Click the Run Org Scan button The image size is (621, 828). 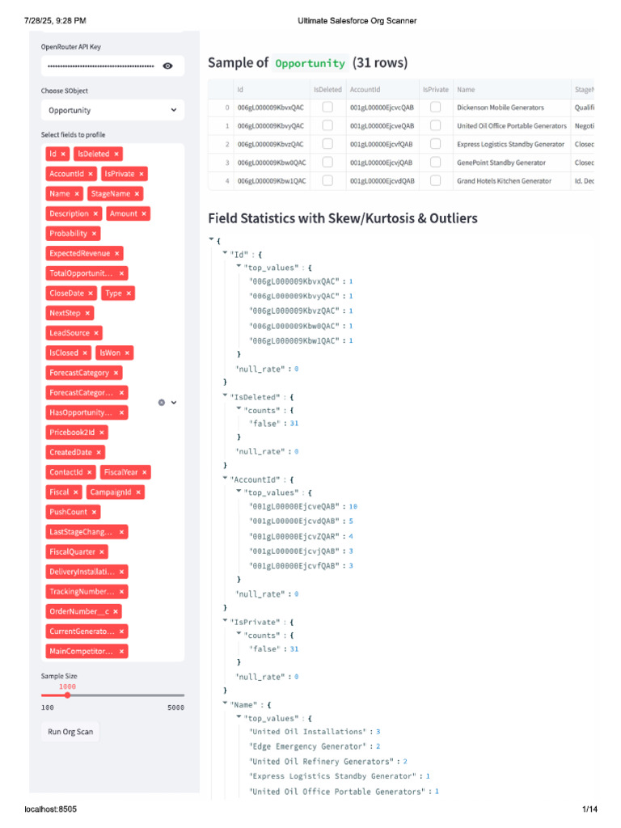pyautogui.click(x=70, y=732)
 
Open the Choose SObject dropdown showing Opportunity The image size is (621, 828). pyautogui.click(x=112, y=110)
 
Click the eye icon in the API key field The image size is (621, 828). pyautogui.click(x=167, y=66)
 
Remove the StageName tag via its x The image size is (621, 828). pyautogui.click(x=137, y=194)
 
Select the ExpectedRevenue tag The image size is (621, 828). pyautogui.click(x=79, y=253)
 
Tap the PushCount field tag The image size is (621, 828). pyautogui.click(x=69, y=512)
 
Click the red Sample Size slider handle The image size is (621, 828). pyautogui.click(x=67, y=695)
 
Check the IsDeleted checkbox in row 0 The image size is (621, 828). pyautogui.click(x=327, y=107)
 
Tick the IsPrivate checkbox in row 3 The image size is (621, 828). pyautogui.click(x=435, y=163)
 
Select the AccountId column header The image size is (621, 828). pyautogui.click(x=365, y=89)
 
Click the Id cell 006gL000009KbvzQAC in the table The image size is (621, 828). pyautogui.click(x=271, y=144)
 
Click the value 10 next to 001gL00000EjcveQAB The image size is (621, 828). pyautogui.click(x=353, y=506)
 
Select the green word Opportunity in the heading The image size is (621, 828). pyautogui.click(x=310, y=63)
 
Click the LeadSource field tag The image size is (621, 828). pyautogui.click(x=69, y=333)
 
